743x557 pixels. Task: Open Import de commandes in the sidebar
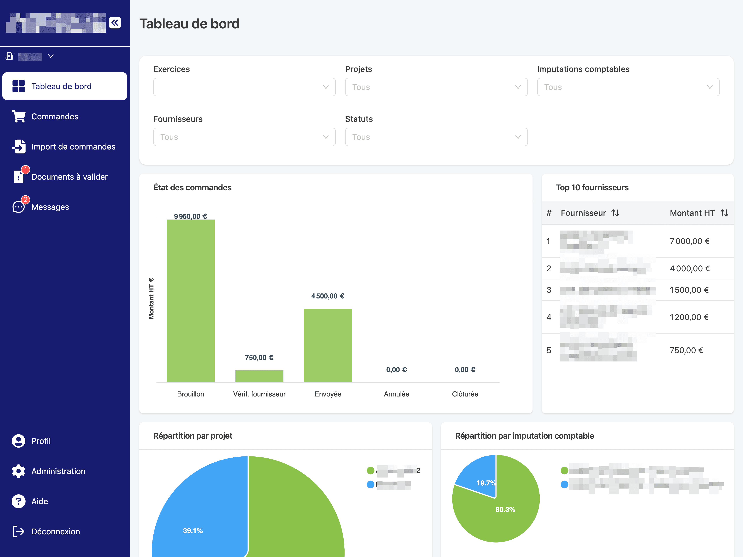73,147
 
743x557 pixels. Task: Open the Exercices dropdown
244,87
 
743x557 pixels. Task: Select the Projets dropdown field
436,87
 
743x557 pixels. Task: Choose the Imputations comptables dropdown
628,87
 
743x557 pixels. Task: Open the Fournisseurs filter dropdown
244,137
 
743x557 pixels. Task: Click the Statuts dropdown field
436,137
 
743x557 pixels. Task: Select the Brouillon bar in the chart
190,301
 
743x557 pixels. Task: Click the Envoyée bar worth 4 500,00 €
328,345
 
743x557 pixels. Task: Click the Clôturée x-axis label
465,394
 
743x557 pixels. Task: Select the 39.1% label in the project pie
193,531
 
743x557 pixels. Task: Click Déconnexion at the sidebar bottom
55,531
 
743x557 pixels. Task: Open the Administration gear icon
18,471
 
